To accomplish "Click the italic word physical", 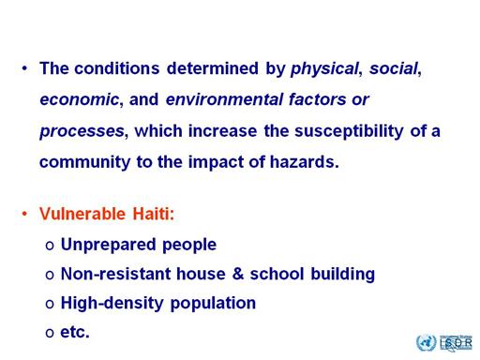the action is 324,69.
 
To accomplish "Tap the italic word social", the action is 394,68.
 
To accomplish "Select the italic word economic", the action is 80,99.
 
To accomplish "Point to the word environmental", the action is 224,99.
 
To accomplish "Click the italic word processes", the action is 82,131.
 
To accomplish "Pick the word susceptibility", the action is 349,131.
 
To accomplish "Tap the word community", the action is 84,162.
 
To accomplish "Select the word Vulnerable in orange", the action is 82,214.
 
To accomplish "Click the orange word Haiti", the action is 151,214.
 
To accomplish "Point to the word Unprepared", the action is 108,245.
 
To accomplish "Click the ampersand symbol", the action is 238,274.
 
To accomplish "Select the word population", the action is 213,303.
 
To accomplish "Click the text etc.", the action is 75,332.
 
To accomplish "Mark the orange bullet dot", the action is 24,214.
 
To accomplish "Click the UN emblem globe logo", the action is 426,342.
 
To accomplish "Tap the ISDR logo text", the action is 456,343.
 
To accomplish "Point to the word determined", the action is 213,68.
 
